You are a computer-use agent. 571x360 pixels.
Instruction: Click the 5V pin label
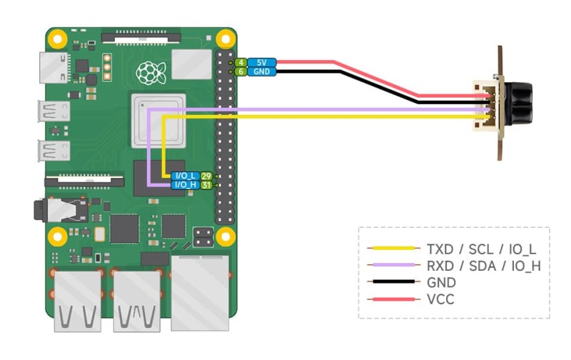click(x=261, y=63)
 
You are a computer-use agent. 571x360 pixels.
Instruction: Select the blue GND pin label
click(x=261, y=72)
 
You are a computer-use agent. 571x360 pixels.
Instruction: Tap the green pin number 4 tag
click(x=241, y=63)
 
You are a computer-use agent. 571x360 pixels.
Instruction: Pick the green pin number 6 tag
click(x=241, y=72)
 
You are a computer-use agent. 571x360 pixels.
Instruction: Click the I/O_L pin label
click(x=184, y=176)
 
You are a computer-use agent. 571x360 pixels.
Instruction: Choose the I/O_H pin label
click(x=184, y=185)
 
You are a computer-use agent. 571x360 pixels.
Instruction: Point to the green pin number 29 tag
click(x=206, y=176)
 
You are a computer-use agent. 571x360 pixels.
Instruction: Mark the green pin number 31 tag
click(x=206, y=185)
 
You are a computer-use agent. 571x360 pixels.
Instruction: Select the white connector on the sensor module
click(x=488, y=107)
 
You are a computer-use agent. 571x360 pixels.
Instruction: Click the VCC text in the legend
click(x=440, y=299)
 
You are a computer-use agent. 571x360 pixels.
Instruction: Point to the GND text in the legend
click(x=440, y=282)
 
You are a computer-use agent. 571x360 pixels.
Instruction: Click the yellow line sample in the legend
click(x=393, y=249)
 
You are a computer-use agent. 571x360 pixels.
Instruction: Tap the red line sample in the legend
click(x=393, y=299)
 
